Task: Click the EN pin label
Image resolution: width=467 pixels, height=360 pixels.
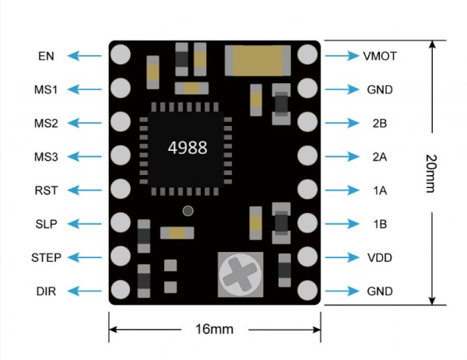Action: click(x=45, y=56)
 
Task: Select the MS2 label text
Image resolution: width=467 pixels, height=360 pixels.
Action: click(x=46, y=123)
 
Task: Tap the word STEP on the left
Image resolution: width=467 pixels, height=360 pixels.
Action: click(x=46, y=257)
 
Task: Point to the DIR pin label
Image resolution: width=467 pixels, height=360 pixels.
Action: click(x=46, y=292)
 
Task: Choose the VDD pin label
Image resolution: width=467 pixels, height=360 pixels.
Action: click(x=379, y=257)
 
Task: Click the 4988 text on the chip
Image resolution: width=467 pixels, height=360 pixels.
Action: click(x=188, y=148)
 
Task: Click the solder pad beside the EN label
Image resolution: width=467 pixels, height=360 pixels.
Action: click(x=121, y=55)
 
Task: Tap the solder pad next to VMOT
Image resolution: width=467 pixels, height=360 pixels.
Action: click(x=307, y=55)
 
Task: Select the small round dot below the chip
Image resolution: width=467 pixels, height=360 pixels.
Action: click(x=188, y=211)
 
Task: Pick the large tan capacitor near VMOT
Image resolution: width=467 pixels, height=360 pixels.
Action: click(x=257, y=58)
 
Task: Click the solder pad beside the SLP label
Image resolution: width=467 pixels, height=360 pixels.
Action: click(x=121, y=223)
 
